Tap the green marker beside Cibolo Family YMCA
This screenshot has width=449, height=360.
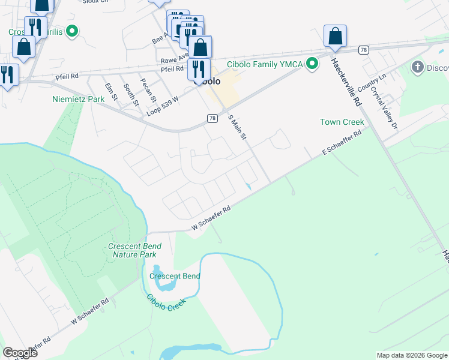click(312, 64)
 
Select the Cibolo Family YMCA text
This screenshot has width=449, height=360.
click(265, 64)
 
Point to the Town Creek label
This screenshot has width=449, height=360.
click(342, 122)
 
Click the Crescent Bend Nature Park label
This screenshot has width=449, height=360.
click(134, 250)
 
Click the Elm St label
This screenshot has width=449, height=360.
click(111, 91)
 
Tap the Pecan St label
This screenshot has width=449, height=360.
click(148, 90)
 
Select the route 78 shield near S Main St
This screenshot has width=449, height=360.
click(212, 119)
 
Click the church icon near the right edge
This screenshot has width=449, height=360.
click(418, 67)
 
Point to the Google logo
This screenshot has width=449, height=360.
click(20, 352)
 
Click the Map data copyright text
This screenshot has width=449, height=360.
click(411, 355)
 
